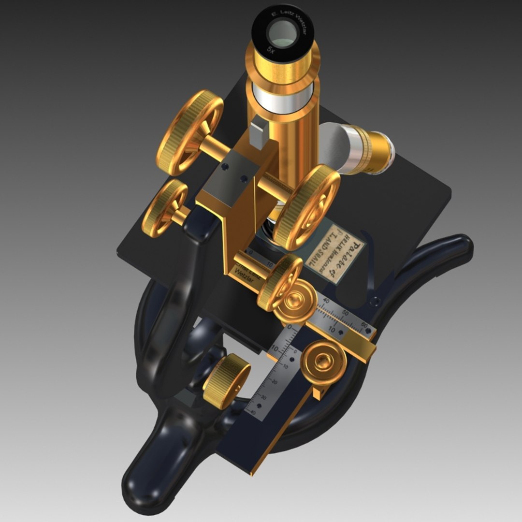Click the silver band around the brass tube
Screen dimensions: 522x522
283,97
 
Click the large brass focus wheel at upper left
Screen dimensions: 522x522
189,132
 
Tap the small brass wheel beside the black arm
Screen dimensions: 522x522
164,208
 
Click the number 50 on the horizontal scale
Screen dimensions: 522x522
345,313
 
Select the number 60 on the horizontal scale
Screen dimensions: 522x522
364,324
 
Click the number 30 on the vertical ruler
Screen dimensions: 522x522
263,397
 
